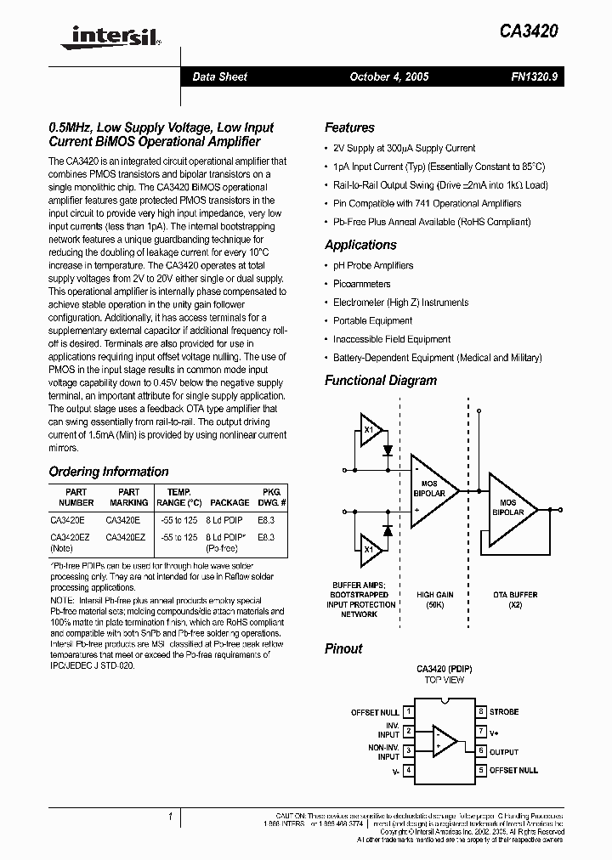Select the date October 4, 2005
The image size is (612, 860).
click(389, 76)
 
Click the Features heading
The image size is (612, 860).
click(349, 127)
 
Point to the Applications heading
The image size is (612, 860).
click(360, 245)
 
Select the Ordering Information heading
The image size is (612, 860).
click(108, 472)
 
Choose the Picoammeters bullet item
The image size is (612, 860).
click(362, 284)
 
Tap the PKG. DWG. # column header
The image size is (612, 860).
click(269, 497)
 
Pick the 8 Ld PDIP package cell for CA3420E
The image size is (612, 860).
click(228, 517)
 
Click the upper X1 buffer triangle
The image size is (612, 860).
click(370, 430)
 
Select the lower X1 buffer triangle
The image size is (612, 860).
click(370, 550)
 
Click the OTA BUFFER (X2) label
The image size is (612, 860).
click(515, 599)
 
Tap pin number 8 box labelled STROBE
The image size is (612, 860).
click(481, 712)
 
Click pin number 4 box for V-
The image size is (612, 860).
click(410, 771)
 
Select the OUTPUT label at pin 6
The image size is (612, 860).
click(503, 751)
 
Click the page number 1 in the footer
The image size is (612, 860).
click(170, 818)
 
